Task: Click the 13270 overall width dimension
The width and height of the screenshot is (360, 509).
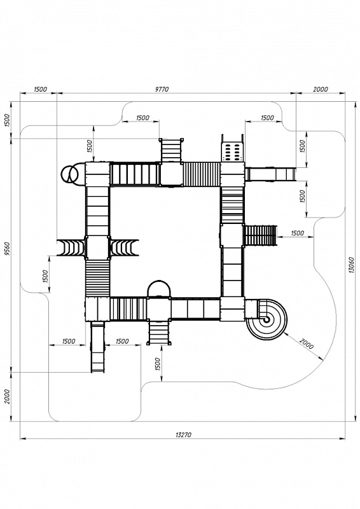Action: [x=183, y=435]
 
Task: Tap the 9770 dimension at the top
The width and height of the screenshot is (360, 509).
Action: [x=162, y=89]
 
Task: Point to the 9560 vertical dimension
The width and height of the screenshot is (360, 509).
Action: [x=8, y=249]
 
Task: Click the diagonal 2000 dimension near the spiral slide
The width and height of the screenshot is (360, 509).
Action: [x=307, y=344]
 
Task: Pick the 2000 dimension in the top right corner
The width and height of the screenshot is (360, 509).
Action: [x=321, y=89]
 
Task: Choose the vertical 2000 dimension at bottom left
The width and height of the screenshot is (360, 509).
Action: [x=8, y=396]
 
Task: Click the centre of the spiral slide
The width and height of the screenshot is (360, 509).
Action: [x=267, y=320]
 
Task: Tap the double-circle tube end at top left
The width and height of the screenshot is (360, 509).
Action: [x=69, y=174]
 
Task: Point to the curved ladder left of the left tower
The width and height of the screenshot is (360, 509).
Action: [x=71, y=248]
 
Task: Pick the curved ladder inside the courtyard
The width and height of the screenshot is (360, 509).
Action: [x=125, y=248]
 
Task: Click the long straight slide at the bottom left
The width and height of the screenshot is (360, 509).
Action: [x=98, y=347]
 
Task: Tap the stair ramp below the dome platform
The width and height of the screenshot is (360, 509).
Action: [x=159, y=332]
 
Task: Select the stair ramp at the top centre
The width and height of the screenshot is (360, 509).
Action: [x=171, y=150]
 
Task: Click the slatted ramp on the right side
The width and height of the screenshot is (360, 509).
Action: [x=261, y=235]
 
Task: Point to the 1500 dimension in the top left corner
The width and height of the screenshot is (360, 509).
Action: [x=41, y=89]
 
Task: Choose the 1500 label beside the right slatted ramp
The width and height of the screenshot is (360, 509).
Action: [x=297, y=233]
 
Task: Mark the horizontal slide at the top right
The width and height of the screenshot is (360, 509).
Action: [x=271, y=174]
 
